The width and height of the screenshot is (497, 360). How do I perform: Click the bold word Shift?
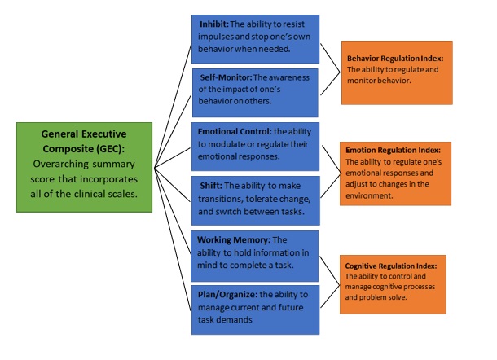209,184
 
